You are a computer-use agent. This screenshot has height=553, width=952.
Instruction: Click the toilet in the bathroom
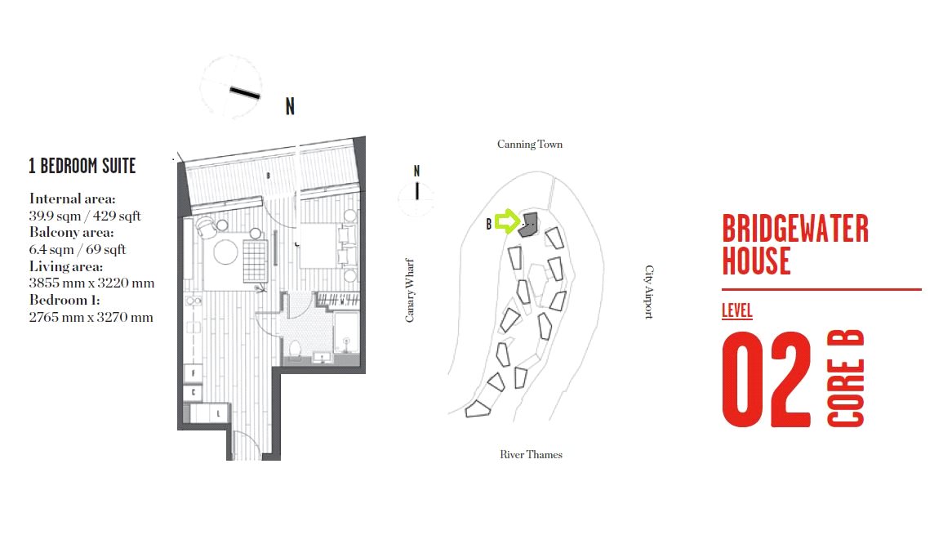tap(295, 350)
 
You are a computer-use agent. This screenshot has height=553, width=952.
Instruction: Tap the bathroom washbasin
tap(321, 357)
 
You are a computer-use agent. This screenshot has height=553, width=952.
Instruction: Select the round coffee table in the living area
tap(225, 252)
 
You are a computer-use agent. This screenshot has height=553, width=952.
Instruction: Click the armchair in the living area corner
tap(206, 228)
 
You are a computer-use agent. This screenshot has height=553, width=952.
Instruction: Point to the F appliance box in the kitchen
tap(193, 373)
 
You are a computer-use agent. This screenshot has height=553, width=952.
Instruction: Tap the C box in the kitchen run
tap(193, 393)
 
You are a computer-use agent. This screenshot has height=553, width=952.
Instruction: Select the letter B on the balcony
tap(269, 176)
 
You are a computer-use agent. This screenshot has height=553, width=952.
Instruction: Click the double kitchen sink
tap(194, 301)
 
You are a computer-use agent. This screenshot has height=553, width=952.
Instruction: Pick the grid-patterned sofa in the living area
tap(256, 261)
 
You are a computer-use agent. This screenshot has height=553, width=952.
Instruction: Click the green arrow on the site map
tap(507, 221)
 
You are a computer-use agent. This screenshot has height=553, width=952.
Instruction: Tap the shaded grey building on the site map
tap(528, 224)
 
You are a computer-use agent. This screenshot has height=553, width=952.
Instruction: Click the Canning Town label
tap(529, 145)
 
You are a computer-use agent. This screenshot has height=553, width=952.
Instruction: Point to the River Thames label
tap(531, 454)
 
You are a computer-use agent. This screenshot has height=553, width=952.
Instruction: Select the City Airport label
tap(649, 292)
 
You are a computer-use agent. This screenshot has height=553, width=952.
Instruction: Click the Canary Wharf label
tap(410, 290)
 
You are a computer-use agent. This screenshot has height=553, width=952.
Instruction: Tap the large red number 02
tap(766, 379)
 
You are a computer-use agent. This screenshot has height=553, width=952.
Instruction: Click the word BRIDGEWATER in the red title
tap(795, 229)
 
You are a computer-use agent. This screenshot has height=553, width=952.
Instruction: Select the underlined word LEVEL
tap(737, 310)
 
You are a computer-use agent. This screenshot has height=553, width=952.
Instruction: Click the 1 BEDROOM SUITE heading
tap(82, 166)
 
